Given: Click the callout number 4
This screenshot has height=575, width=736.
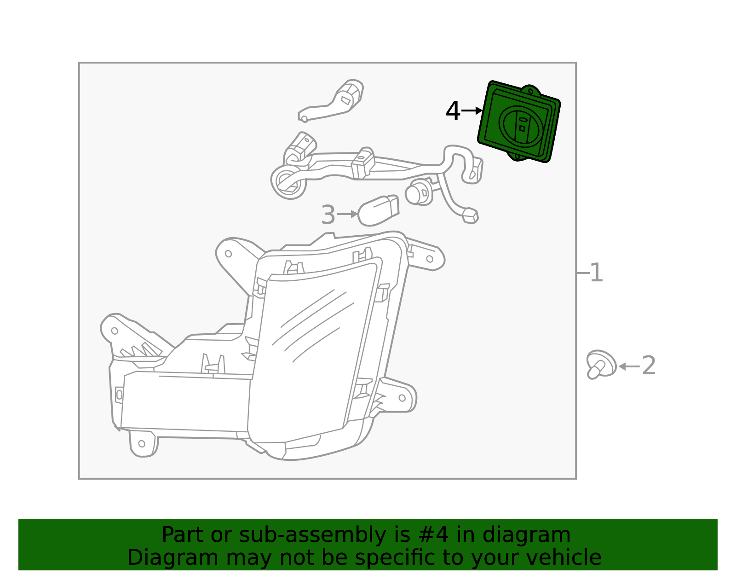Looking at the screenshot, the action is point(453,111).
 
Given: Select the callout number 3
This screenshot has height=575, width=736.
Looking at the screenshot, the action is point(328,215).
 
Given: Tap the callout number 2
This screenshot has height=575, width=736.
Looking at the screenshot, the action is point(649,366).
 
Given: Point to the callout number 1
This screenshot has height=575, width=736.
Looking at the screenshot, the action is point(597,273).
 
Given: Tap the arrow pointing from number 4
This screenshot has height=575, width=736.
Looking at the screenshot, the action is point(472,110).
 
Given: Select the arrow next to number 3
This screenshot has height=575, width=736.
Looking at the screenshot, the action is point(347,214).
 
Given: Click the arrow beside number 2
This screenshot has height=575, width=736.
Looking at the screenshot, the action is point(629,366).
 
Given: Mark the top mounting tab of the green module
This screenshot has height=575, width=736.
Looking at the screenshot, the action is point(531,90).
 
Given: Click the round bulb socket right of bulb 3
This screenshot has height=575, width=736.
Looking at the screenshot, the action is point(420,192).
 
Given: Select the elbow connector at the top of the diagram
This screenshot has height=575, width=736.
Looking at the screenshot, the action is point(331,101).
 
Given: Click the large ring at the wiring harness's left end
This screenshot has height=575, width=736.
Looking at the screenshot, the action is point(288,182).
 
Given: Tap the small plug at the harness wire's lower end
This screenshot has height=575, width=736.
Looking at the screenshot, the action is point(471,216).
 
